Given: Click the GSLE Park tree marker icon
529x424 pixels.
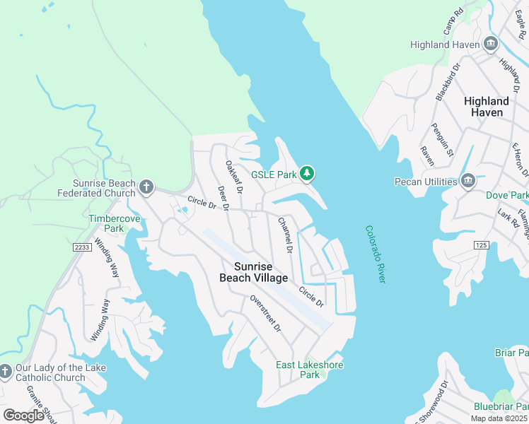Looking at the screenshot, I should pyautogui.click(x=306, y=173).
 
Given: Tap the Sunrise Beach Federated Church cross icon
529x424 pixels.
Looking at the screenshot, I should pyautogui.click(x=146, y=187).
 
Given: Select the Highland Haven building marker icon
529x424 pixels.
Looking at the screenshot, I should pyautogui.click(x=490, y=45).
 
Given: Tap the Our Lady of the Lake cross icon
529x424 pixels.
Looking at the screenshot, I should pyautogui.click(x=6, y=372).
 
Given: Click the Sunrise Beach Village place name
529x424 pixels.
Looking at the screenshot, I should pyautogui.click(x=261, y=272).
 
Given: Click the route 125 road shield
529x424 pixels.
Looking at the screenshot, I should pyautogui.click(x=482, y=245).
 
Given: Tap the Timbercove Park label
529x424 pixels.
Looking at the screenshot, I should pyautogui.click(x=115, y=223).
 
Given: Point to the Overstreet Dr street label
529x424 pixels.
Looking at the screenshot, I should pyautogui.click(x=265, y=314).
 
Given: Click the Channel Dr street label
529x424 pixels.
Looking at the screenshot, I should pyautogui.click(x=285, y=235).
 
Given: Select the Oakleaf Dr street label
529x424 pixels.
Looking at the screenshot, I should pyautogui.click(x=234, y=177).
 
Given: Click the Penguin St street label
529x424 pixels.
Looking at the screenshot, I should pyautogui.click(x=441, y=139).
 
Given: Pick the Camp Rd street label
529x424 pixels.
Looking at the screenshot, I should pyautogui.click(x=453, y=22).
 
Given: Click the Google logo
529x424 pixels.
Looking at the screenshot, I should pyautogui.click(x=23, y=416).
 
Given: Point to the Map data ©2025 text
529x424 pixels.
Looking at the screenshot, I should pyautogui.click(x=499, y=418).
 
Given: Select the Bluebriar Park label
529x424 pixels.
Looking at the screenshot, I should pyautogui.click(x=501, y=406).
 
